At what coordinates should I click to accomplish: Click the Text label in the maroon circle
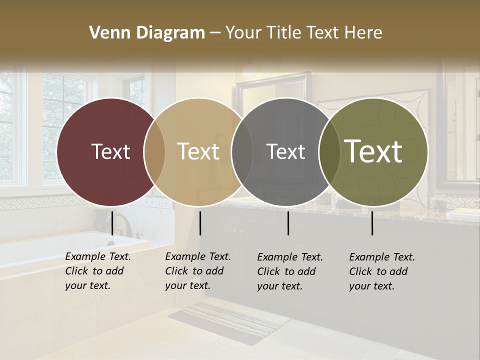tap(110, 151)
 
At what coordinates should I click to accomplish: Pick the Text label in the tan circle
tap(198, 151)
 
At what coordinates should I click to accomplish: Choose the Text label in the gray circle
tap(285, 151)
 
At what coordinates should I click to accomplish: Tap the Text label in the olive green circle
tap(373, 151)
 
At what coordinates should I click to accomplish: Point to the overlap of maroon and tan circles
tap(154, 151)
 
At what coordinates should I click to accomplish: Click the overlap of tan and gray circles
tap(242, 151)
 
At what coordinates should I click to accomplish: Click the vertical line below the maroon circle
tap(112, 223)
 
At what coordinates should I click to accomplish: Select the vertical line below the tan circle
tap(200, 223)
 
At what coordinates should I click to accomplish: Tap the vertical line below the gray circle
tap(288, 223)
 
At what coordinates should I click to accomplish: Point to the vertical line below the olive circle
tap(372, 223)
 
